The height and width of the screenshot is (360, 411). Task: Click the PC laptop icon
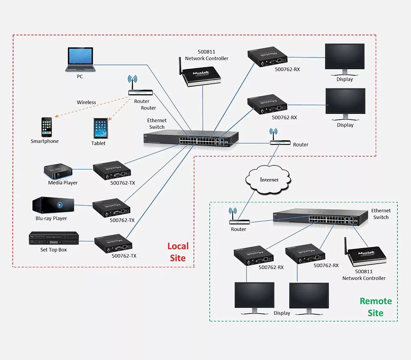click(80, 60)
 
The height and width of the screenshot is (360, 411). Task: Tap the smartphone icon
click(46, 127)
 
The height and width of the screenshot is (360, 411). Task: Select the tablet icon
click(101, 128)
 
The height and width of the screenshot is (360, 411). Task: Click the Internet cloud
click(268, 180)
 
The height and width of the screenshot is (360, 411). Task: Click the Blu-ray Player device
click(53, 205)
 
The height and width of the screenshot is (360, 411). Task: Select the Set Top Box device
click(54, 238)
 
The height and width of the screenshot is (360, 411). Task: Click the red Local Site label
click(178, 252)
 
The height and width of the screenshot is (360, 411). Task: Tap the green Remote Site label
click(376, 307)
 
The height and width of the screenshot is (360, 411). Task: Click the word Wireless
click(86, 102)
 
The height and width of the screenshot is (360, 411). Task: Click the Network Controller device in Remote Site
click(365, 253)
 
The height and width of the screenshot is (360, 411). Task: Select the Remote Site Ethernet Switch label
click(381, 214)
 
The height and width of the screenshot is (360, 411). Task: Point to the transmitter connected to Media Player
click(112, 170)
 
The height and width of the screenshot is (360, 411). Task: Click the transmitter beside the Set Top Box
click(113, 244)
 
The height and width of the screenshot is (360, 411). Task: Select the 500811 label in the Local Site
click(206, 52)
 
